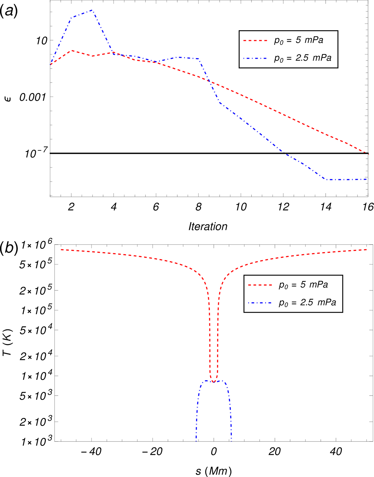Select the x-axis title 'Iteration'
point(208,226)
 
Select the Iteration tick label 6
point(156,207)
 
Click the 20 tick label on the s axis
point(275,451)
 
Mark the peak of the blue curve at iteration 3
point(92,10)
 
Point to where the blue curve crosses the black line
point(285,153)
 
